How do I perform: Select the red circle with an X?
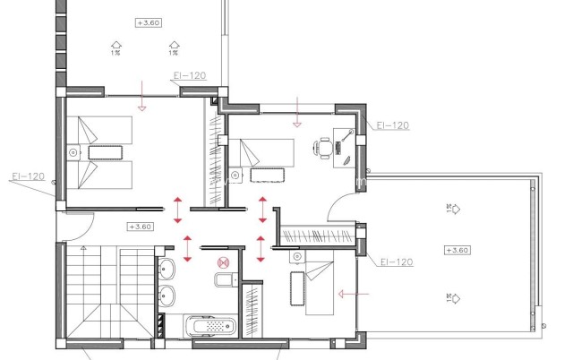pyautogui.click(x=225, y=262)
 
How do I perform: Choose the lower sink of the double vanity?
pyautogui.click(x=168, y=295)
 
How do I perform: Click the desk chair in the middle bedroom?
pyautogui.click(x=320, y=148)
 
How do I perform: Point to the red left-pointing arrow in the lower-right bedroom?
pyautogui.click(x=351, y=292)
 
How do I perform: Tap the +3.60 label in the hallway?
pyautogui.click(x=141, y=227)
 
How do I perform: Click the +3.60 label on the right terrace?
pyautogui.click(x=457, y=250)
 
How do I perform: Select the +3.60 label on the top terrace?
pyautogui.click(x=147, y=21)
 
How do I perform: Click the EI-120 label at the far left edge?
pyautogui.click(x=28, y=176)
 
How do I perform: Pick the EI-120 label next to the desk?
pyautogui.click(x=393, y=125)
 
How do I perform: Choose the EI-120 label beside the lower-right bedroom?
pyautogui.click(x=395, y=262)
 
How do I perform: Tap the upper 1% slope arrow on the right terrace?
pyautogui.click(x=451, y=210)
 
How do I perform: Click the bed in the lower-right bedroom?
pyautogui.click(x=318, y=285)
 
